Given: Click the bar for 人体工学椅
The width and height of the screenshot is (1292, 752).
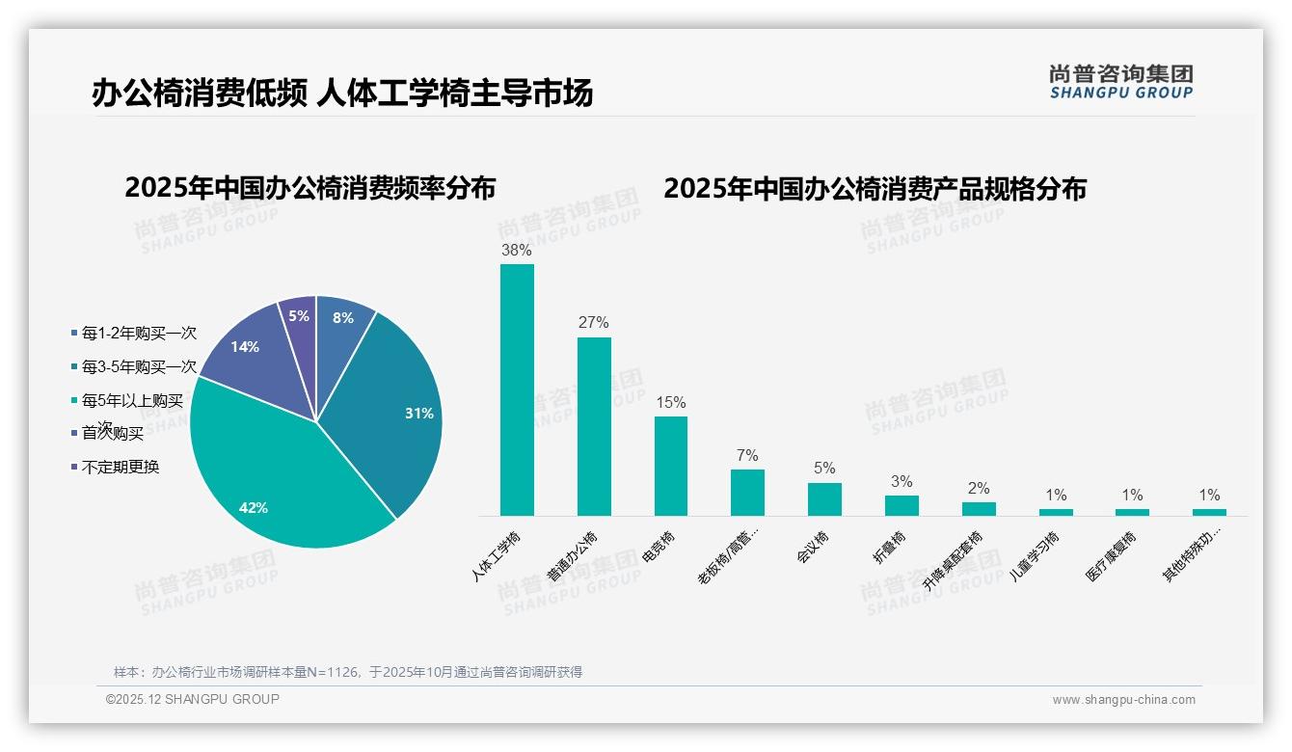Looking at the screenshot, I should pos(517,390).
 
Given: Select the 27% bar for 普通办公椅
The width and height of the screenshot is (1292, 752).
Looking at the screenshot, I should pos(594,426).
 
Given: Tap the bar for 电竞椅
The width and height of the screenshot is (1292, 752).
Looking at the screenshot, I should pos(671,466).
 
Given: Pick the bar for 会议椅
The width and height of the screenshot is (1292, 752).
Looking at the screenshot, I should pos(824,499).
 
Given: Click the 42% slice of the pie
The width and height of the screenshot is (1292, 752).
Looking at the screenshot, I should pos(280,472).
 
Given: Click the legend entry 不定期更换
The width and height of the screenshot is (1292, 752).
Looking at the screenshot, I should pos(120,467).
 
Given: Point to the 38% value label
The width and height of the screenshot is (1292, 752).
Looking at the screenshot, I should pos(517,250).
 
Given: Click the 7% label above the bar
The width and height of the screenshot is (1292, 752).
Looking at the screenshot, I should pos(747,455).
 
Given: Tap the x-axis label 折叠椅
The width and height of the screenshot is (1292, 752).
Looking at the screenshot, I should pos(891,547).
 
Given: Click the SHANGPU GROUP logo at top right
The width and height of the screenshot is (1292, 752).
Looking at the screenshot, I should pos(1121,82).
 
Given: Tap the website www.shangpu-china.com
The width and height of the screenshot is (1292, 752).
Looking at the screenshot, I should pos(1123,700).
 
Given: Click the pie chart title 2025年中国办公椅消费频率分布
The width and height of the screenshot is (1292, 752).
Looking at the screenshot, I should pos(310,188).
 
